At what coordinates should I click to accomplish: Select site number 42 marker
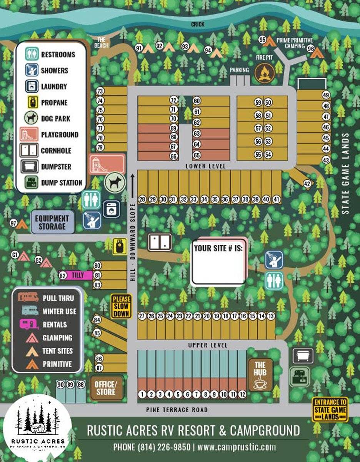(x=307, y=184)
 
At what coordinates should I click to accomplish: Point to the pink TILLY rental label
(x=77, y=275)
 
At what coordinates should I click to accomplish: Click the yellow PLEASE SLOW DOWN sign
(x=121, y=306)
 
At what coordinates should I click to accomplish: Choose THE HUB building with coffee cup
(x=260, y=375)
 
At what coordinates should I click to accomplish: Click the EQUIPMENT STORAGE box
(x=52, y=222)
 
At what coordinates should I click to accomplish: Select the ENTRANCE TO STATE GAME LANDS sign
(x=330, y=410)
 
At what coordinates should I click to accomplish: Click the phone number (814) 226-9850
(x=152, y=447)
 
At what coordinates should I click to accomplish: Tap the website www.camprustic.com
(x=237, y=447)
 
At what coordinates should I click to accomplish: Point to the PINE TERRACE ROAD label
(x=177, y=410)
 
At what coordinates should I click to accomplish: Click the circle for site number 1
(x=142, y=394)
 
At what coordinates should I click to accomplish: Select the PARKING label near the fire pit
(x=239, y=70)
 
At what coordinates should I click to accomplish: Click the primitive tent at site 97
(x=22, y=224)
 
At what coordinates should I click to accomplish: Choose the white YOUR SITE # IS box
(x=218, y=262)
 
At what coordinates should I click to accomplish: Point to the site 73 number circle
(x=100, y=91)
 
